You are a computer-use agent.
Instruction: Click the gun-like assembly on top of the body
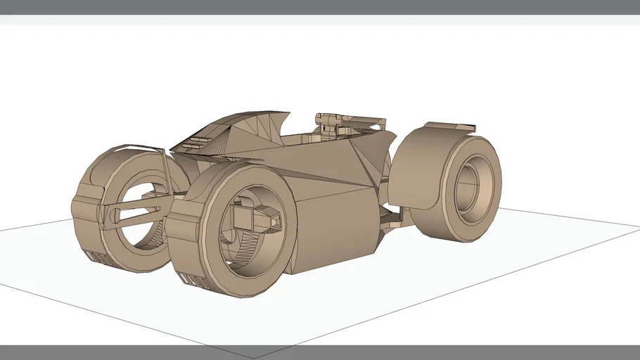345,122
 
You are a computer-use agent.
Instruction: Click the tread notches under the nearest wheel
197,280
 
